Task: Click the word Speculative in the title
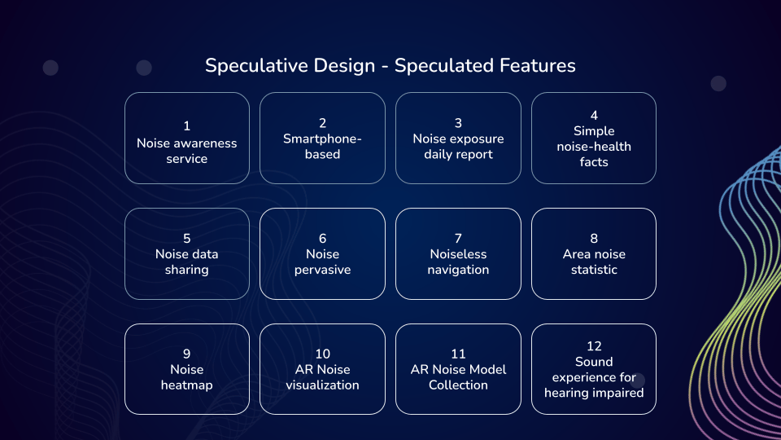290,66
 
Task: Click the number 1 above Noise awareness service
187,125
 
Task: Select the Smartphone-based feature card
322,139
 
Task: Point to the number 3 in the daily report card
458,123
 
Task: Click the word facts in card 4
594,162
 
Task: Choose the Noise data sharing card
187,254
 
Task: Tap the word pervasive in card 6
322,271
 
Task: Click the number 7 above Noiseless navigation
458,239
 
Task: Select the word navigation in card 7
458,271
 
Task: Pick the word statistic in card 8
594,270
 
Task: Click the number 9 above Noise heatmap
187,354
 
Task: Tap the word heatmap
187,385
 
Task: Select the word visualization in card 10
322,385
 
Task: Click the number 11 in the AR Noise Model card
458,354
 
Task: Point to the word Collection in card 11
458,385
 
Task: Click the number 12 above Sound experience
594,346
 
